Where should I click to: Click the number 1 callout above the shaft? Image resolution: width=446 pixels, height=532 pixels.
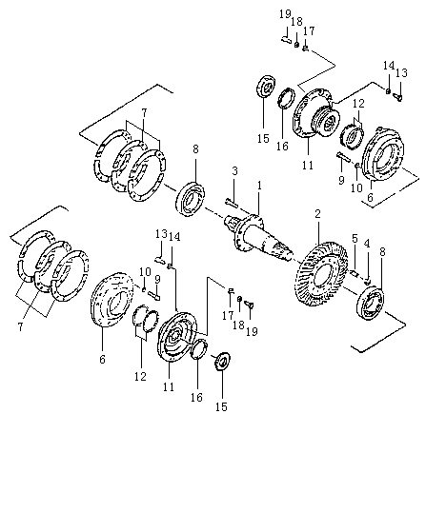click(x=259, y=186)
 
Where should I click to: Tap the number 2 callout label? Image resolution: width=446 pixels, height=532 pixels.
click(x=317, y=214)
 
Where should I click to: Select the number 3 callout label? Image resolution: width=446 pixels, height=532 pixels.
click(x=234, y=170)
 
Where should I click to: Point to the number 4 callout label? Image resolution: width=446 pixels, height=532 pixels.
click(x=367, y=244)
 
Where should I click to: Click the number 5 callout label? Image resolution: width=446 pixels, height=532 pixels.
click(x=355, y=239)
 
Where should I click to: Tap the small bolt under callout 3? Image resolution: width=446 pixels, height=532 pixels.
click(x=232, y=203)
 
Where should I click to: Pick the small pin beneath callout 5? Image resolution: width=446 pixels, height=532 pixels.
click(x=355, y=272)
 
